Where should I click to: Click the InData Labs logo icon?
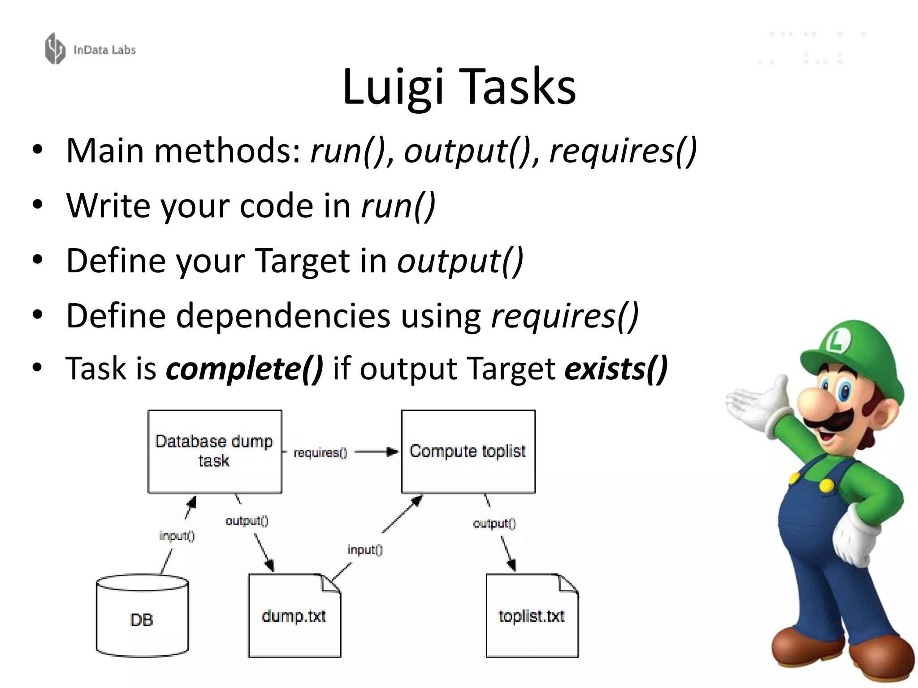(55, 49)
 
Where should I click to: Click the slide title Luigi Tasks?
(459, 86)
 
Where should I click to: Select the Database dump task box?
(215, 451)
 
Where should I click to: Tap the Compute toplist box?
(468, 451)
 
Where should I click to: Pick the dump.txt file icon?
(294, 616)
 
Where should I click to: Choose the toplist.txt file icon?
(532, 616)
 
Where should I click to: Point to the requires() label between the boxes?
(320, 453)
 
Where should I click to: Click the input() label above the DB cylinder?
(177, 536)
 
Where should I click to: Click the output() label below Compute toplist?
(494, 523)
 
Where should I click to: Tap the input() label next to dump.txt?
(365, 550)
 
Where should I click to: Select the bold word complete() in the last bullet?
(244, 369)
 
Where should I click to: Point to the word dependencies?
(283, 316)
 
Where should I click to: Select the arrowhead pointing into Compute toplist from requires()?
(393, 451)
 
